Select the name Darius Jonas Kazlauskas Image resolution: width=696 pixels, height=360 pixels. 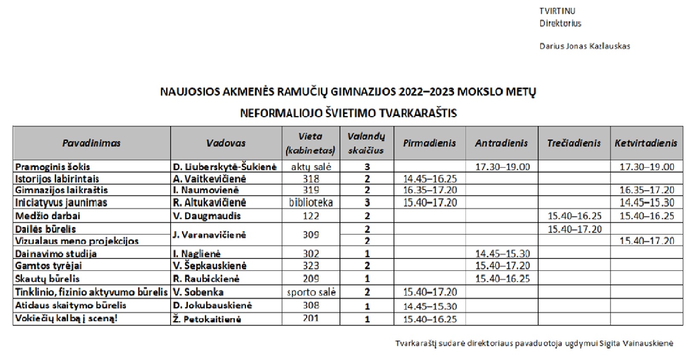coord(585,46)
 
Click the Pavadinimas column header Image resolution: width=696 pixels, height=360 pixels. coord(91,143)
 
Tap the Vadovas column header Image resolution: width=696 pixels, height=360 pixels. coord(226,143)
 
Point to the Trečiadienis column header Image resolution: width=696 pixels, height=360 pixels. coord(574,143)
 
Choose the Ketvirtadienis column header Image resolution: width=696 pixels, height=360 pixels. coord(646,143)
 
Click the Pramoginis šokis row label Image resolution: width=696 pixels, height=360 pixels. coord(52,167)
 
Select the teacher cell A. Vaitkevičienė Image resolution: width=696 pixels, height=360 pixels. coord(209,179)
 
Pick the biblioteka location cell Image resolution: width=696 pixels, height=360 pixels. coord(310,202)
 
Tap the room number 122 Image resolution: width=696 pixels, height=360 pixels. coord(310,216)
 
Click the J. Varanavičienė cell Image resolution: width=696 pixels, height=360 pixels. coord(209,235)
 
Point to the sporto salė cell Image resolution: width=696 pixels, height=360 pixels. coord(311,292)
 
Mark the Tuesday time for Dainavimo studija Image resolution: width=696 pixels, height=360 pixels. coord(502,254)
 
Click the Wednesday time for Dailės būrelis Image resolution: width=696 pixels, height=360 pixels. coord(574,229)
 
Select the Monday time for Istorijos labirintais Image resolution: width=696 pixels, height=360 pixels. coord(430,179)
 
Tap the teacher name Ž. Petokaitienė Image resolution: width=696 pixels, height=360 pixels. coord(207,319)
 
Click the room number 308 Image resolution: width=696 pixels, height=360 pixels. coord(310,305)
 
